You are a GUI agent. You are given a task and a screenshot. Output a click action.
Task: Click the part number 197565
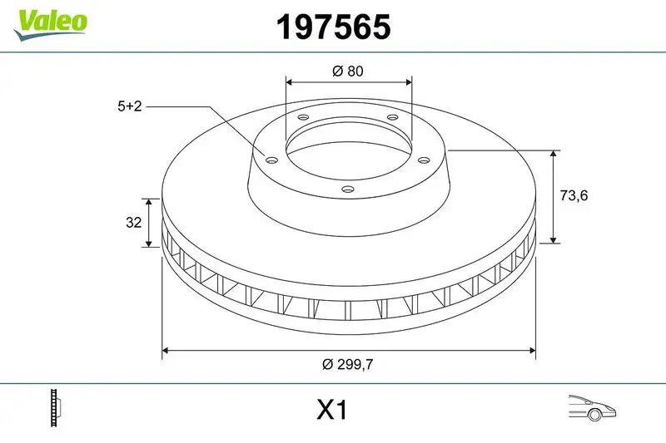(x=332, y=28)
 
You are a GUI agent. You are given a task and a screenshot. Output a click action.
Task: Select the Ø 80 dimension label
(x=348, y=71)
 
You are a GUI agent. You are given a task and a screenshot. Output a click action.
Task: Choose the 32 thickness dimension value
(x=132, y=222)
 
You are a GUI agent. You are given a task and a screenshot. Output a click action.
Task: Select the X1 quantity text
(x=331, y=411)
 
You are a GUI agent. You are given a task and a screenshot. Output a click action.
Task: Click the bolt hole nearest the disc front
(x=346, y=190)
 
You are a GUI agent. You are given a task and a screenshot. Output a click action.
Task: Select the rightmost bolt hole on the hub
(x=422, y=160)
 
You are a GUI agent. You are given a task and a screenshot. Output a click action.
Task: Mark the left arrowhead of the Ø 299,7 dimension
(x=166, y=351)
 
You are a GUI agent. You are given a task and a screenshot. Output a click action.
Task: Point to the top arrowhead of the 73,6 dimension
(x=554, y=155)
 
